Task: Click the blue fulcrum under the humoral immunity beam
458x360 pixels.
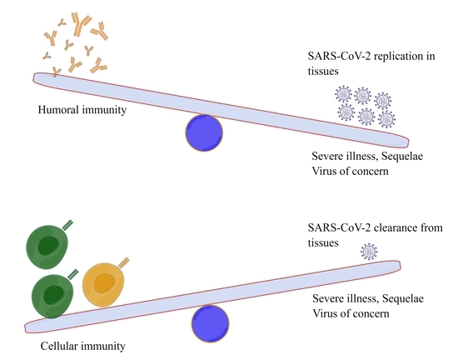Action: point(203,132)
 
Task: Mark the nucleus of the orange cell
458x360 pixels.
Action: point(104,284)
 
